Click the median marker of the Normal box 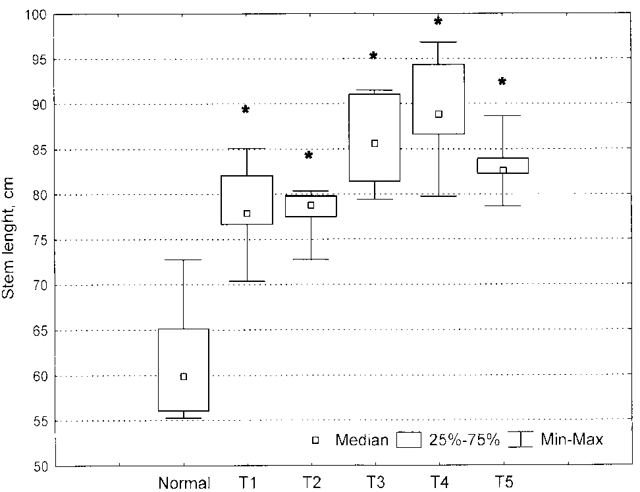(x=184, y=377)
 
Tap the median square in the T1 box (x=247, y=213)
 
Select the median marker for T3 (x=375, y=143)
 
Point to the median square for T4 (x=439, y=114)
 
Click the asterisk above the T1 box (x=246, y=110)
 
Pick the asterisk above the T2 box (x=309, y=156)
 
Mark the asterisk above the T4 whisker (x=439, y=22)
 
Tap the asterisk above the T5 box (x=502, y=82)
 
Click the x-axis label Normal (x=184, y=483)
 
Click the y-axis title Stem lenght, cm (x=9, y=240)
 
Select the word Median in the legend (x=361, y=440)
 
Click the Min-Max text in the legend (x=572, y=439)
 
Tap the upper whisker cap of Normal (x=184, y=260)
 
